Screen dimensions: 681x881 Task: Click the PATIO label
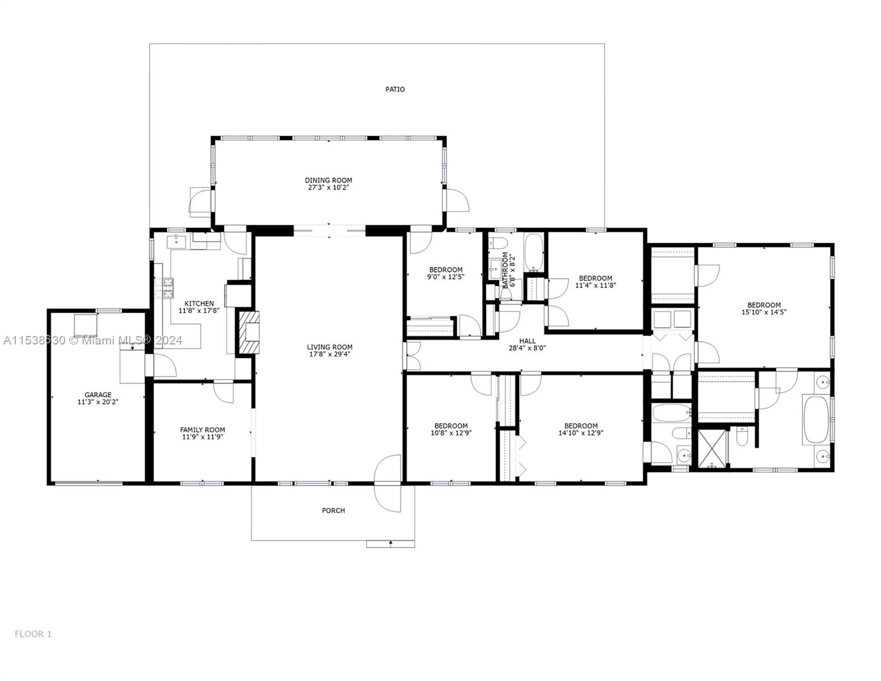pyautogui.click(x=395, y=89)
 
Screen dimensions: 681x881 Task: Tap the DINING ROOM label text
pyautogui.click(x=328, y=180)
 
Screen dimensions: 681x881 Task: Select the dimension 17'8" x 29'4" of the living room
pyautogui.click(x=330, y=354)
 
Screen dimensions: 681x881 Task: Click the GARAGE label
pyautogui.click(x=98, y=395)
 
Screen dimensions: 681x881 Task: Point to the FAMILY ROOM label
pyautogui.click(x=203, y=430)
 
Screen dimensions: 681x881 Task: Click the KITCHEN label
pyautogui.click(x=196, y=304)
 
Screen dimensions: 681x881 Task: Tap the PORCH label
pyautogui.click(x=333, y=510)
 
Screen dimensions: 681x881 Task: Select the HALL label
pyautogui.click(x=527, y=341)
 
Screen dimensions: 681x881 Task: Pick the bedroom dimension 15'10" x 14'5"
pyautogui.click(x=764, y=312)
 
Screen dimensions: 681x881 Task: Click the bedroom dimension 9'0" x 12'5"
pyautogui.click(x=445, y=277)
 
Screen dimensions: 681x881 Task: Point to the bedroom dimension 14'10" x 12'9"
pyautogui.click(x=580, y=432)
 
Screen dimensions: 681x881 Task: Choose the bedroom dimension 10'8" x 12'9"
pyautogui.click(x=451, y=432)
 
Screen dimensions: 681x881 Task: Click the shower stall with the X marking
pyautogui.click(x=711, y=449)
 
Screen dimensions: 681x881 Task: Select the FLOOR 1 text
pyautogui.click(x=33, y=634)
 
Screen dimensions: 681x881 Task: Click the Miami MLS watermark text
pyautogui.click(x=92, y=340)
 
